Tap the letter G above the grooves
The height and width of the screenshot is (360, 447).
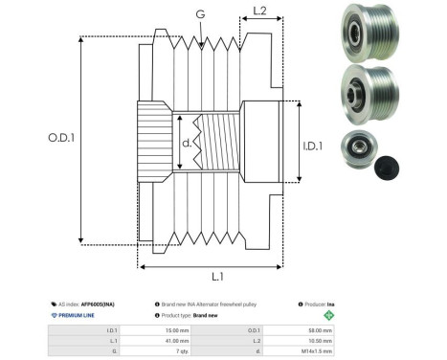[x=199, y=15]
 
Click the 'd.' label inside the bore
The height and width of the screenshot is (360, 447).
[x=186, y=145]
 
